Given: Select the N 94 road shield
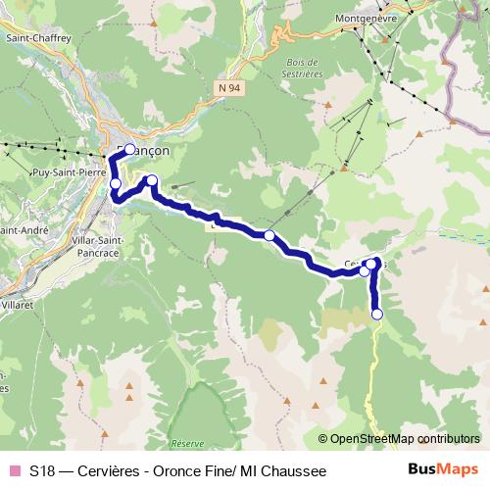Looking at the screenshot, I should point(228,87).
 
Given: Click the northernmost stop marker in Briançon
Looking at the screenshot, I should point(129,150).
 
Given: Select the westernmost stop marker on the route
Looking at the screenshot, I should point(116,183).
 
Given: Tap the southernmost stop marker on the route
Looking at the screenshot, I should point(377,314).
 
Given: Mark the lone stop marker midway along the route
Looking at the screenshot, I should point(269,234).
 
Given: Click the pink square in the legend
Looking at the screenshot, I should point(14,471).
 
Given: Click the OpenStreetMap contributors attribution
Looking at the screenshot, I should point(405,439).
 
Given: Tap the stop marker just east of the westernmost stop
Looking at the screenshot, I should point(152,179).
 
